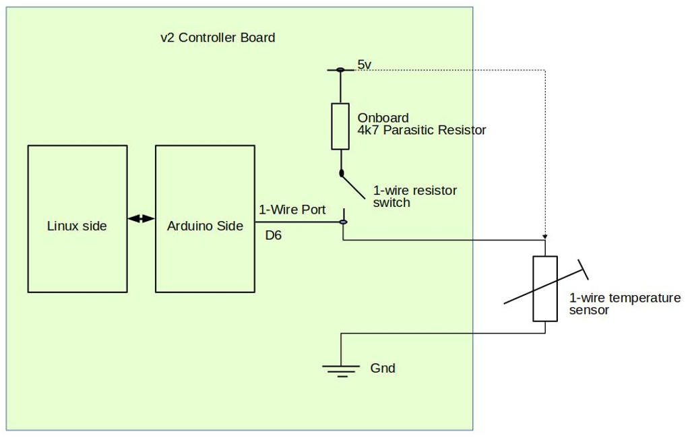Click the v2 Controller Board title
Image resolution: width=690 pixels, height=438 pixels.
218,38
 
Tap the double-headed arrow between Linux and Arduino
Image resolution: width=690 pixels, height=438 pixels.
141,219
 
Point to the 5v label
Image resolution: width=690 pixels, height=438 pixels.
364,65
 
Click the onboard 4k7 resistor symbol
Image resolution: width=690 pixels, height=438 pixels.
340,126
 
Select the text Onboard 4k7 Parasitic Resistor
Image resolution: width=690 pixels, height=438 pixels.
421,124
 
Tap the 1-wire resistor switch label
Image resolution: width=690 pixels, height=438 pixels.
414,196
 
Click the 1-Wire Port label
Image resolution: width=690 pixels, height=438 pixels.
292,210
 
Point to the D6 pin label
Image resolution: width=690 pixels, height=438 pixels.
273,236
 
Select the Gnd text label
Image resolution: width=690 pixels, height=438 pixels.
383,369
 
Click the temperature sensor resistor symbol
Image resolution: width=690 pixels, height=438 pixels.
545,288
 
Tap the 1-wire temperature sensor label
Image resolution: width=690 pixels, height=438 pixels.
625,304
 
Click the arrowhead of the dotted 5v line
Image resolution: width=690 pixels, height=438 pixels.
545,237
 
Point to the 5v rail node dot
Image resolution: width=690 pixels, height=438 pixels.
340,69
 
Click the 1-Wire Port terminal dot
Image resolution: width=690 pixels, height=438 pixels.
343,222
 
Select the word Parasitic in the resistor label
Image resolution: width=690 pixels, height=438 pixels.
416,130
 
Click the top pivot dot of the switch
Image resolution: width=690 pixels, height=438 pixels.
341,173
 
